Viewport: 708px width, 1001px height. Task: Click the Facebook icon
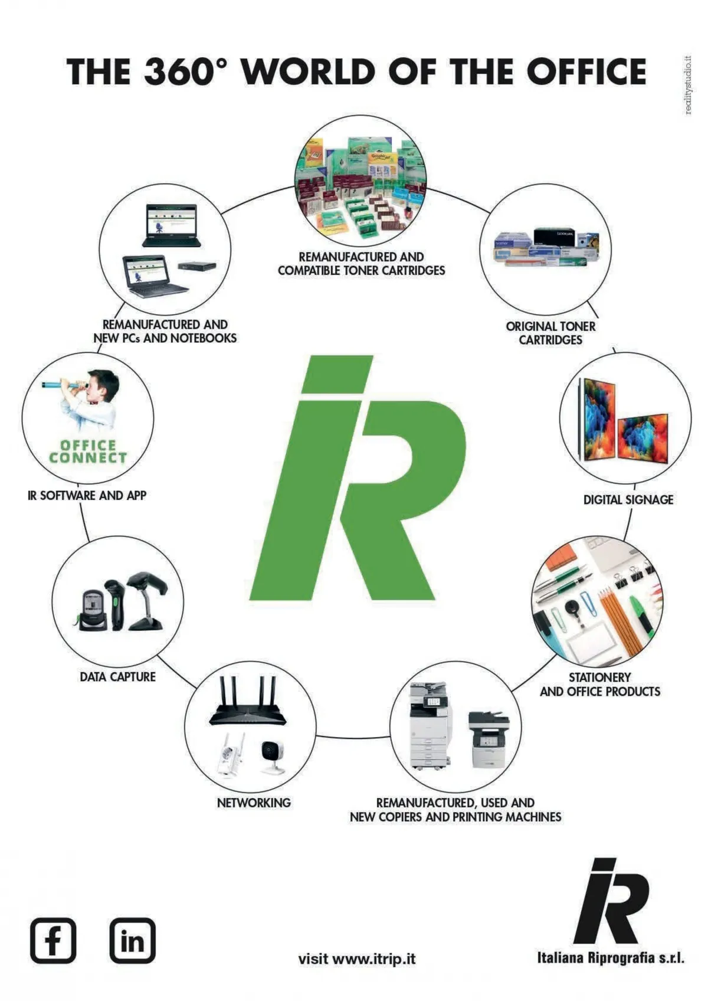click(53, 940)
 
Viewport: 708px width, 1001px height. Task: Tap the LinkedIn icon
click(133, 940)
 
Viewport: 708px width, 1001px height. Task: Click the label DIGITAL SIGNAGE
click(628, 500)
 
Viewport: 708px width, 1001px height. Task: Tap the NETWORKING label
click(254, 803)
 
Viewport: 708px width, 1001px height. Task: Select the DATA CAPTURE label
click(118, 677)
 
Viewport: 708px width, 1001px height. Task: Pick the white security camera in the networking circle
click(273, 755)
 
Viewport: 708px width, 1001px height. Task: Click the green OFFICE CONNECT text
click(88, 452)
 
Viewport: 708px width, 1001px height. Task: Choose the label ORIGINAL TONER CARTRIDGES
click(550, 333)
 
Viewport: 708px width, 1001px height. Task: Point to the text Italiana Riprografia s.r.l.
click(611, 957)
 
